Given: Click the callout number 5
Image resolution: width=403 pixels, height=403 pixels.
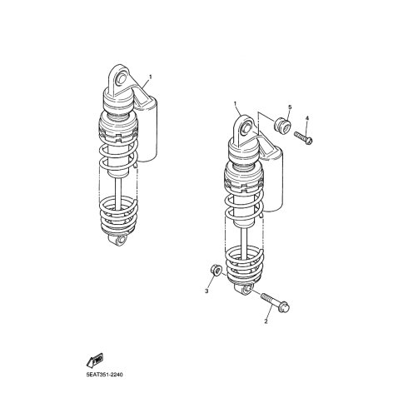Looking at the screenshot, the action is tap(290, 107).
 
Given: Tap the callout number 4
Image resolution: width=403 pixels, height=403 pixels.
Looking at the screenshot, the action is tap(307, 118).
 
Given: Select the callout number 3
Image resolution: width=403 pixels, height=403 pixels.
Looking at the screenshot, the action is tap(206, 291).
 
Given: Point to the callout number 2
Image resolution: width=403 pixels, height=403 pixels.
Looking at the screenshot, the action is tap(266, 321).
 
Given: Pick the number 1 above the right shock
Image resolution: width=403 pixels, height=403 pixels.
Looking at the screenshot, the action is tap(235, 104).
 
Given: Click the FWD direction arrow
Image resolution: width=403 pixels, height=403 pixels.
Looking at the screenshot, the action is tap(95, 361).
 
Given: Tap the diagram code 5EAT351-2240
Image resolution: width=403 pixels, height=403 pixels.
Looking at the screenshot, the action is tap(104, 375).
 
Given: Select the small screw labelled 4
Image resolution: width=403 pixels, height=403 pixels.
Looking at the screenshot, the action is tap(303, 137).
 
